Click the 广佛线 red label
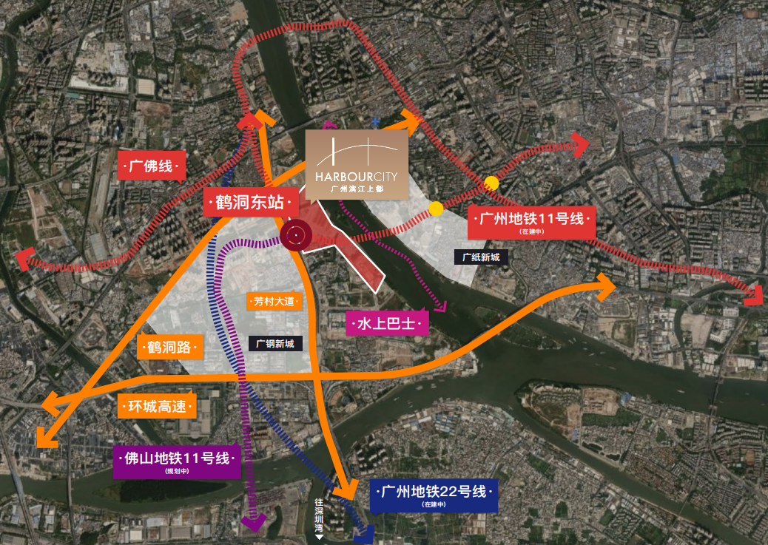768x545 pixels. coord(151,166)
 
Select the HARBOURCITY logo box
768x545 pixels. coord(357,165)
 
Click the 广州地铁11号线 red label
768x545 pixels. coord(531,221)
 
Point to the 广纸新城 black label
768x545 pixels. coord(481,257)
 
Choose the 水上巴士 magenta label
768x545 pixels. coord(387,323)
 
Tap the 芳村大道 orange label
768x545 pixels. coord(274,301)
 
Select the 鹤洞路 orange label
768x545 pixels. coord(169,347)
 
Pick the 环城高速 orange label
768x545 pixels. coord(157,405)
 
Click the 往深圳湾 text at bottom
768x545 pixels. coord(320,517)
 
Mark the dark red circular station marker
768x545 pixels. coord(294,236)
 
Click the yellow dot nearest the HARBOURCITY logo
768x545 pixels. coord(436,209)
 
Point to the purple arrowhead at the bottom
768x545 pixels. coord(254,523)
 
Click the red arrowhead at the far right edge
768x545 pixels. coord(755,294)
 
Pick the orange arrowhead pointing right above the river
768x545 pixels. coord(607,287)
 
